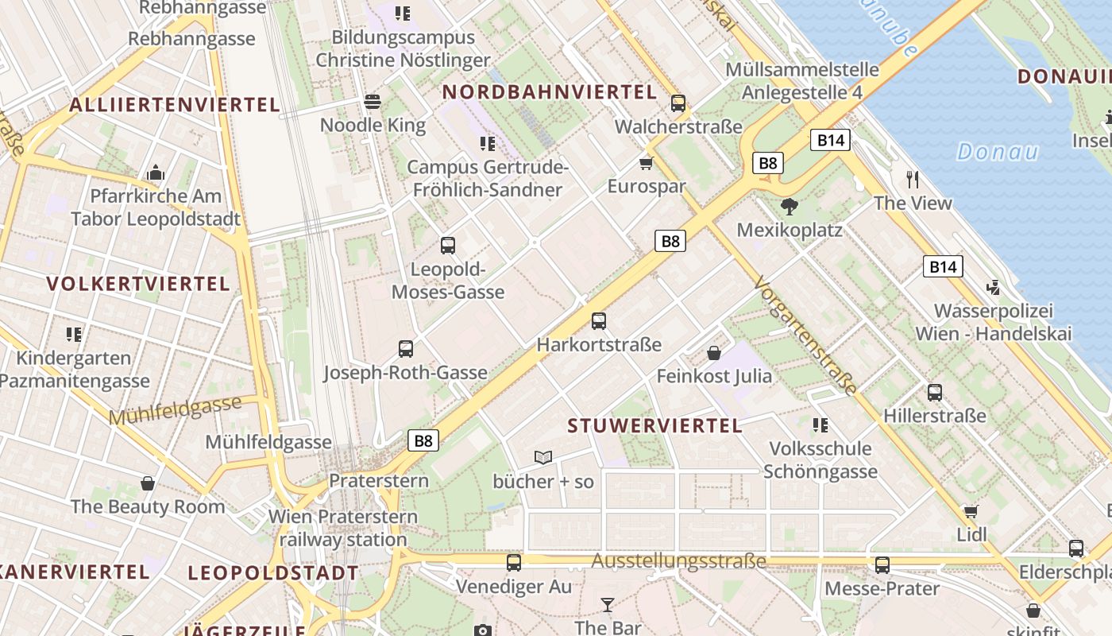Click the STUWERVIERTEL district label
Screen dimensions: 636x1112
click(x=654, y=425)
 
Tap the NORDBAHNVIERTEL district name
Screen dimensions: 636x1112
click(x=550, y=92)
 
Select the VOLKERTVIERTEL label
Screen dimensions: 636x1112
click(x=138, y=284)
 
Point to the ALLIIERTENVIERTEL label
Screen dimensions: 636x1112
click(x=175, y=105)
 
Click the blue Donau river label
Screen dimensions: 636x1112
click(x=997, y=151)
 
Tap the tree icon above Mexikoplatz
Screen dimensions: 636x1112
click(x=789, y=207)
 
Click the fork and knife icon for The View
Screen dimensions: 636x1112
click(x=913, y=179)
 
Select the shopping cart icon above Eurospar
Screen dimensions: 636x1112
click(x=647, y=164)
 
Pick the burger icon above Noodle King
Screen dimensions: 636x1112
click(x=373, y=102)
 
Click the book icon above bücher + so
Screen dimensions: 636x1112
click(x=543, y=457)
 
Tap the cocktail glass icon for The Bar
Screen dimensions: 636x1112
click(x=608, y=605)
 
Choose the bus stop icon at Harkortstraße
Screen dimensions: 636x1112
click(x=599, y=321)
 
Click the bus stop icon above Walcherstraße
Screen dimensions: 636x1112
click(x=678, y=103)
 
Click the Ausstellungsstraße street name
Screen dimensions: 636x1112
click(x=678, y=561)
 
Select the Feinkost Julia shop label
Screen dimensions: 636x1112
click(x=714, y=375)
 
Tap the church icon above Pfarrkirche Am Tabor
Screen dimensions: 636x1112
click(x=155, y=173)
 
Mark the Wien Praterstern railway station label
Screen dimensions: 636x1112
click(x=343, y=528)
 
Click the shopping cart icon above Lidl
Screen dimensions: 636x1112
click(x=971, y=511)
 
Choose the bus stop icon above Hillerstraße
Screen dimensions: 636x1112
click(x=935, y=392)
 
